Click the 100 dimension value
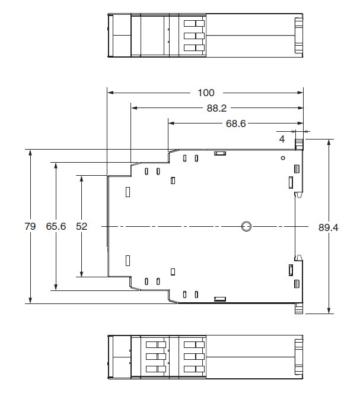click(206, 93)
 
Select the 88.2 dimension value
click(216, 108)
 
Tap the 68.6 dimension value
click(236, 124)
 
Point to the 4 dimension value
click(282, 139)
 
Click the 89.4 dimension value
click(328, 227)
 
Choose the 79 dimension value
click(30, 226)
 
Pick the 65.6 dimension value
click(56, 226)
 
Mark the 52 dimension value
click(82, 226)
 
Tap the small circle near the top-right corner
click(283, 158)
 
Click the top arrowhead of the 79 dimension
click(30, 153)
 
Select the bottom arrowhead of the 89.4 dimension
click(329, 310)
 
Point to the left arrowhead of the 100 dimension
click(111, 93)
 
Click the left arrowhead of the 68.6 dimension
click(171, 124)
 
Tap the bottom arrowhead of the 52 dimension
click(82, 274)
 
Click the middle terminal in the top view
click(194, 36)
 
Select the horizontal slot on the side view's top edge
click(220, 154)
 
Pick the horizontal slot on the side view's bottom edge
click(220, 299)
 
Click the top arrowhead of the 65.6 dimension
click(56, 166)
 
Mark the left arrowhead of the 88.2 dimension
click(135, 108)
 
